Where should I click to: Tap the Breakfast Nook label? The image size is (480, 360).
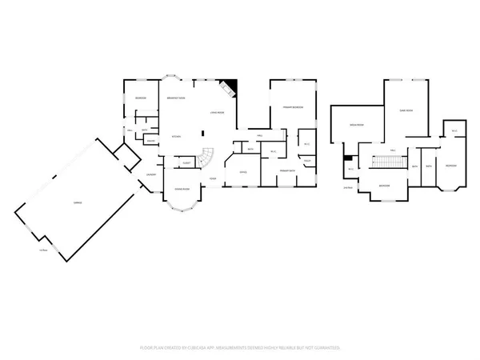point(176,98)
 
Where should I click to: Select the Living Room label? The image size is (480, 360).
point(216,113)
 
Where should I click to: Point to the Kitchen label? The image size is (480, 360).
point(176,137)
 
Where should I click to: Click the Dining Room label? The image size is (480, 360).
point(182,189)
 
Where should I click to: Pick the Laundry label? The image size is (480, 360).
point(150,174)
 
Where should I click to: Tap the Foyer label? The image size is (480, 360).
point(213,178)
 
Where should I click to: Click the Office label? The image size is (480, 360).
point(242,172)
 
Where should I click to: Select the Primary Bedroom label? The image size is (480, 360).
point(291,106)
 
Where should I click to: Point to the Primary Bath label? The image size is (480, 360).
point(287,170)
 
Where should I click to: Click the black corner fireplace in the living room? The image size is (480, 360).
point(231,86)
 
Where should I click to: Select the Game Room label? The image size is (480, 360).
point(406,110)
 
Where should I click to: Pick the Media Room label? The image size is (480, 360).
point(357,125)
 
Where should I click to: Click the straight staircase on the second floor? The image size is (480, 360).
point(391,164)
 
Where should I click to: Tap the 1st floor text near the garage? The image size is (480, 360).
point(43,250)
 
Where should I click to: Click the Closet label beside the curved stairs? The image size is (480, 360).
point(186,163)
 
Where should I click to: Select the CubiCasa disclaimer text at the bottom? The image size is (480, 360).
point(240,348)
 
